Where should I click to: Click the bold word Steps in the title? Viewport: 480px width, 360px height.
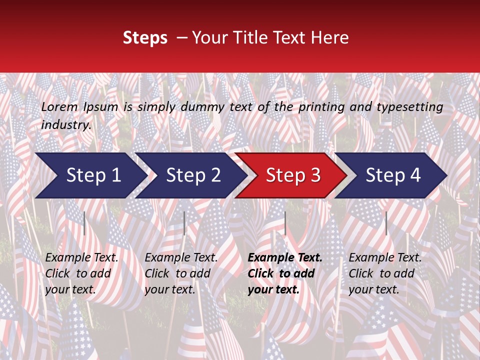145,38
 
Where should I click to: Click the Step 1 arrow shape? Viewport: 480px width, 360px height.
90,175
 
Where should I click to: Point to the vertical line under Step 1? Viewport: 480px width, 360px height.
84,223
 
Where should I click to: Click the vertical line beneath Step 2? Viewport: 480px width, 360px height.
184,223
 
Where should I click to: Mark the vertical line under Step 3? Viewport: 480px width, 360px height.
285,223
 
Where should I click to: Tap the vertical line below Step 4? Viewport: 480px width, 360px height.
386,223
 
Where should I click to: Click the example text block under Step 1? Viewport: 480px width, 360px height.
81,273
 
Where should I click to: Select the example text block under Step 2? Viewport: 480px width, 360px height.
181,273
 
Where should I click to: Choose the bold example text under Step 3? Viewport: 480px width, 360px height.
284,273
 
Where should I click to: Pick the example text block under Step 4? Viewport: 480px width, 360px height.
385,273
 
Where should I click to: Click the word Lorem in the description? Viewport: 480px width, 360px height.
59,107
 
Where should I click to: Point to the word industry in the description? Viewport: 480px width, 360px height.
66,125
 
